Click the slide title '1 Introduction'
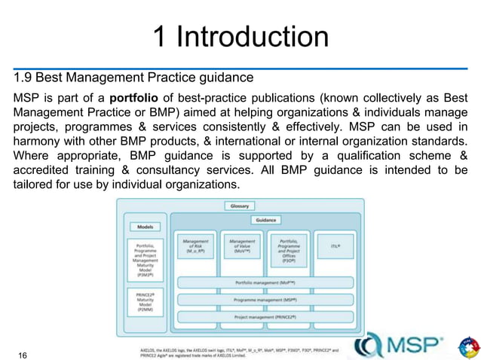pos(240,35)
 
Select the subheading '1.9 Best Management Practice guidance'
pos(133,77)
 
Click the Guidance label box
pos(265,220)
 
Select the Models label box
pos(146,226)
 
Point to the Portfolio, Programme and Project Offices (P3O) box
pos(290,249)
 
